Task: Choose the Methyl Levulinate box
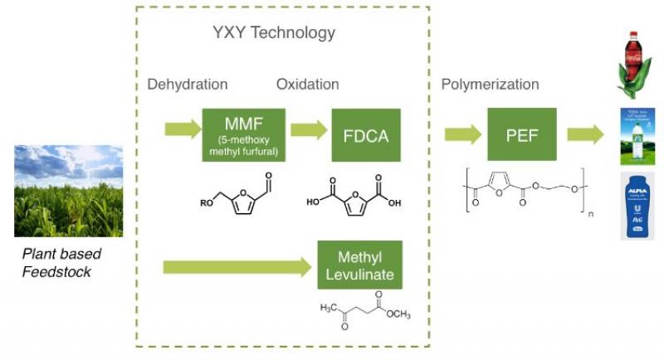[359, 265]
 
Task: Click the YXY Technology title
[274, 33]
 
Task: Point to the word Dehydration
[188, 85]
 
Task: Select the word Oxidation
[307, 85]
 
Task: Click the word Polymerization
[490, 85]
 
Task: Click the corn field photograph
[68, 191]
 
